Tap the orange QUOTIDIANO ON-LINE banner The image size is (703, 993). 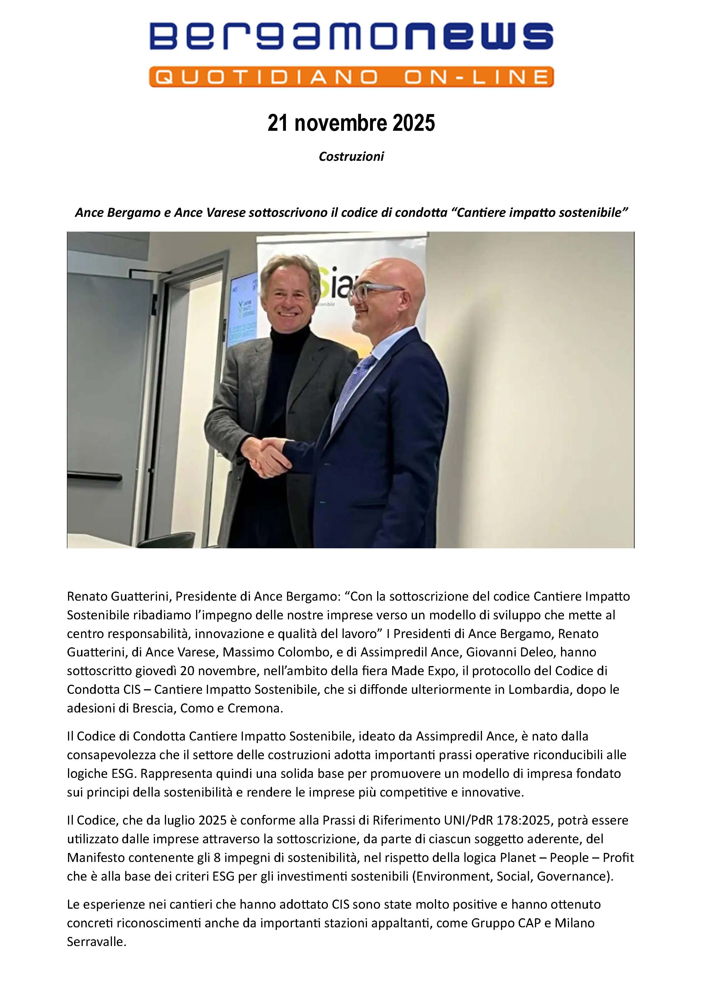[x=351, y=77]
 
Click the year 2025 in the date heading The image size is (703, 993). [x=414, y=123]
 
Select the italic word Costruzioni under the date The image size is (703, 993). [x=351, y=157]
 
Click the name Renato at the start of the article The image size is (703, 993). [x=84, y=596]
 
